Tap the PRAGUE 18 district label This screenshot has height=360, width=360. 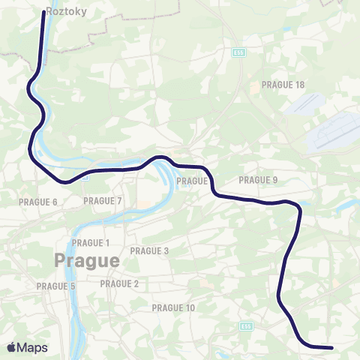283,85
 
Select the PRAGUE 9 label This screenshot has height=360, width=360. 258,180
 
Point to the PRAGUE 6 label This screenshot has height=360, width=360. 37,202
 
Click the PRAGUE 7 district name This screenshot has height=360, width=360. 103,200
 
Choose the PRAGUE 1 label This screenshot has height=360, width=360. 91,243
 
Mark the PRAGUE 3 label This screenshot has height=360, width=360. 149,250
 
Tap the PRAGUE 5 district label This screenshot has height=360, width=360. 56,286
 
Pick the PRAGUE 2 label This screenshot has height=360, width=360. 119,283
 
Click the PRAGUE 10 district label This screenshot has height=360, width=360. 173,307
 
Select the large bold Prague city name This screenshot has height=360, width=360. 86,261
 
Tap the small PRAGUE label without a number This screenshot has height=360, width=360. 191,181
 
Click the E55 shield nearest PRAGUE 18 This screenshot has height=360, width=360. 238,53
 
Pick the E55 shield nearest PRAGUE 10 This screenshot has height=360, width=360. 245,325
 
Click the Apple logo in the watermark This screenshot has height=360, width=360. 10,347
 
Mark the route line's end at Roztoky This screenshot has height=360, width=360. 41,11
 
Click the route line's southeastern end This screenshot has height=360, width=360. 331,347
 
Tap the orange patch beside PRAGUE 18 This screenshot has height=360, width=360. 254,87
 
